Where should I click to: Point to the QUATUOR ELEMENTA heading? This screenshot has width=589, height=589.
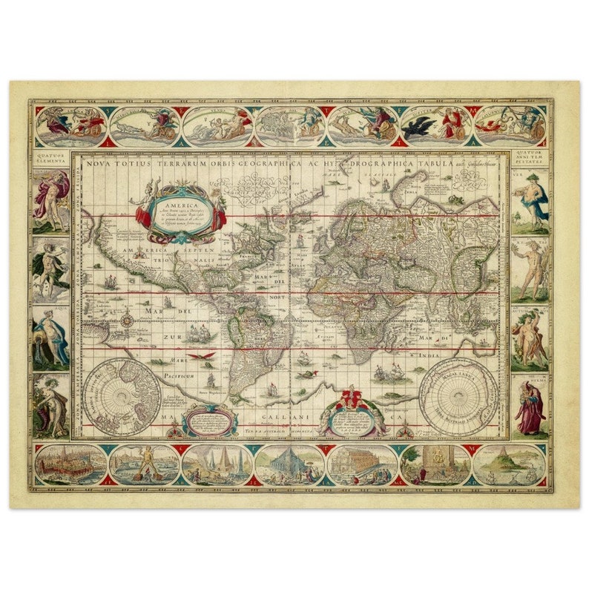tap(50, 159)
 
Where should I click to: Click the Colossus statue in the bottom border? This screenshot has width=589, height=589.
tap(144, 463)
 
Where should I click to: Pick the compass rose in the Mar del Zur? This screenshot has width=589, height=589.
tap(127, 320)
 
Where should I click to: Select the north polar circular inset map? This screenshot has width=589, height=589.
tap(121, 395)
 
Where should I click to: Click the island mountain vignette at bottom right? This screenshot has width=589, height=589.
tap(509, 464)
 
